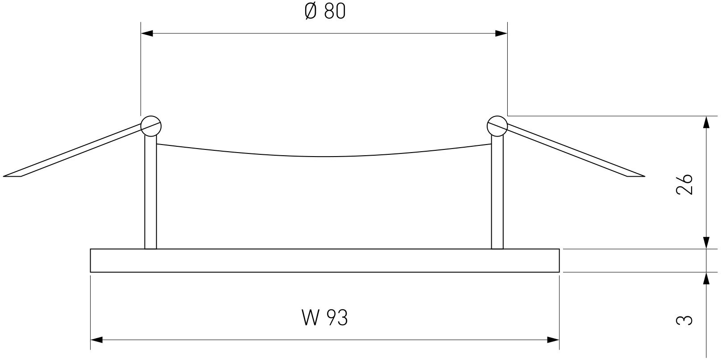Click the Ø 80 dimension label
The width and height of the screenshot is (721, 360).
[x=324, y=12]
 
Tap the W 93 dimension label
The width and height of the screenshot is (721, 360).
[x=324, y=318]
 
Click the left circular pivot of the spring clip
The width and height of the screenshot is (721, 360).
[x=151, y=126]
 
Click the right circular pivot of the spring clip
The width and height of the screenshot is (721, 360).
[x=497, y=126]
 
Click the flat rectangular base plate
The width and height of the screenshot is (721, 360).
[x=324, y=261]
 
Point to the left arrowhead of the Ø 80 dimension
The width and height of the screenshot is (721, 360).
[x=147, y=33]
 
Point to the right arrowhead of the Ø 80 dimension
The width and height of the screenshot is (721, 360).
[x=501, y=33]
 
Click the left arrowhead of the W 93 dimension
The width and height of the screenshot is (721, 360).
[x=97, y=340]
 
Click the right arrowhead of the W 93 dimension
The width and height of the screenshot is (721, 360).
[x=553, y=340]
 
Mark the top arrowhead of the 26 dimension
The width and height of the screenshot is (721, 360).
[x=706, y=123]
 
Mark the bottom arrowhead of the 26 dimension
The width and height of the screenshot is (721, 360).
[x=706, y=243]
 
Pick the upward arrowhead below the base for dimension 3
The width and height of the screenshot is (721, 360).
[x=706, y=278]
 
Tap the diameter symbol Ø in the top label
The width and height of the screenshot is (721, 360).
[x=311, y=12]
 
